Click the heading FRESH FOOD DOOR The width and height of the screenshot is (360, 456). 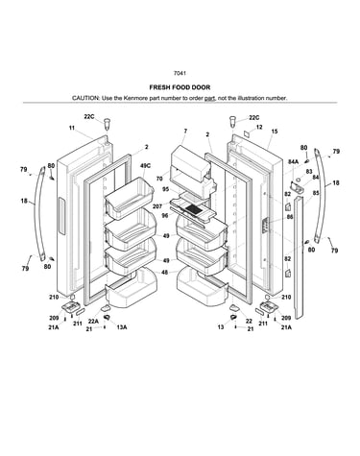tap(180, 87)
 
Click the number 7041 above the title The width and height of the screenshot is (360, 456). tap(180, 73)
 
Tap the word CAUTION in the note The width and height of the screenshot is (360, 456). tap(85, 98)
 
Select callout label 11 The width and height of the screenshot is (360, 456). tap(72, 128)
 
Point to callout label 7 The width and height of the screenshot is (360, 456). tap(185, 131)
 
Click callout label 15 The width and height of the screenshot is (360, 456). tap(275, 132)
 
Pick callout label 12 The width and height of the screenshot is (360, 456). tap(259, 127)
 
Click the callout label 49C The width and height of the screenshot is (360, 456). tap(145, 165)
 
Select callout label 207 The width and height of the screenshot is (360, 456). tap(157, 206)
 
